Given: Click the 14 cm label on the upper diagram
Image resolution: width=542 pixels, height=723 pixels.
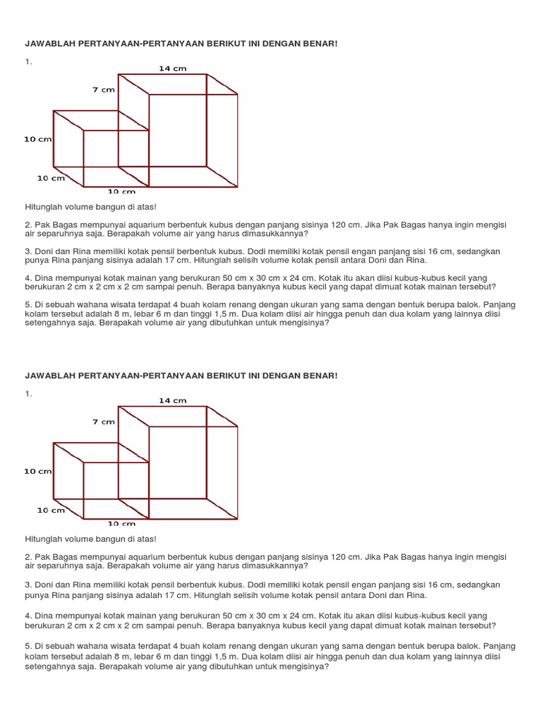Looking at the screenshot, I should pyautogui.click(x=172, y=68).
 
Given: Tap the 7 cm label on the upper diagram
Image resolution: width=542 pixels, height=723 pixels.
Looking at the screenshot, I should pyautogui.click(x=103, y=90).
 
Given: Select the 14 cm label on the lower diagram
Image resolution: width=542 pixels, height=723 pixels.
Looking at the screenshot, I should pyautogui.click(x=172, y=400).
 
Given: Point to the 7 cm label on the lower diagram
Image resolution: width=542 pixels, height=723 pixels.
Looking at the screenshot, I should pyautogui.click(x=103, y=422).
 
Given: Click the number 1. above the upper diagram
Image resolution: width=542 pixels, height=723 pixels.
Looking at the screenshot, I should pyautogui.click(x=28, y=62).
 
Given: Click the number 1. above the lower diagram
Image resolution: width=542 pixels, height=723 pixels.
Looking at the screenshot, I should pyautogui.click(x=28, y=394).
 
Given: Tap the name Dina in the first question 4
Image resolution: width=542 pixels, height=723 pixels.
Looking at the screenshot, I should pyautogui.click(x=44, y=277).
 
